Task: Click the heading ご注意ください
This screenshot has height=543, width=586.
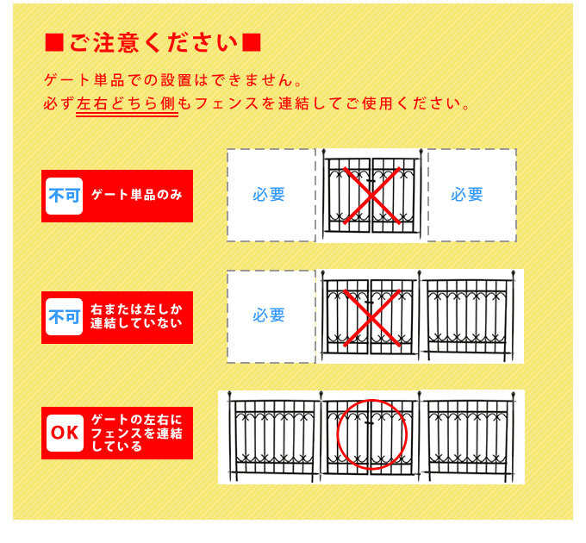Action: point(153,42)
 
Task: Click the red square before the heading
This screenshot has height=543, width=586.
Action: point(54,42)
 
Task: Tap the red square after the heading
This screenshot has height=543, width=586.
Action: point(252,42)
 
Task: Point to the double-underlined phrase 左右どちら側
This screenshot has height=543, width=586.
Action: point(126,103)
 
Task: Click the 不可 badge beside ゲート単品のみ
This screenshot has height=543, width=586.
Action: point(64,196)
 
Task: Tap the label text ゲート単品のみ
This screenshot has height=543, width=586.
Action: point(137,195)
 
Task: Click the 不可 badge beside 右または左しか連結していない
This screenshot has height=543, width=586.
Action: point(64,317)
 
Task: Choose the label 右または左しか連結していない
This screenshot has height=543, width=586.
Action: point(136,316)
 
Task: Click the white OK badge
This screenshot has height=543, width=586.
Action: point(65,433)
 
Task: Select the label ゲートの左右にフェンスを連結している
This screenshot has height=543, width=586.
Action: point(137,433)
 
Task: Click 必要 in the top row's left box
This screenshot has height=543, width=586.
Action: point(269,195)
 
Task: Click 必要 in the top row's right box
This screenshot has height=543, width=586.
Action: point(467,195)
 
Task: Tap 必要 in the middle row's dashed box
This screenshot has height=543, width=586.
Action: point(269,315)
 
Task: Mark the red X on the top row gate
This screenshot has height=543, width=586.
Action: point(372,196)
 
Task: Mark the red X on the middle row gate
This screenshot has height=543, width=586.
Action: point(372,318)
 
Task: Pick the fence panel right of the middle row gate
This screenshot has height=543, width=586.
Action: point(468,316)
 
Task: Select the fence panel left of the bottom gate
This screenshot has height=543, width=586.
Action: point(274,437)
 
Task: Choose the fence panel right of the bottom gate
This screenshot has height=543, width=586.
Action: point(468,437)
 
